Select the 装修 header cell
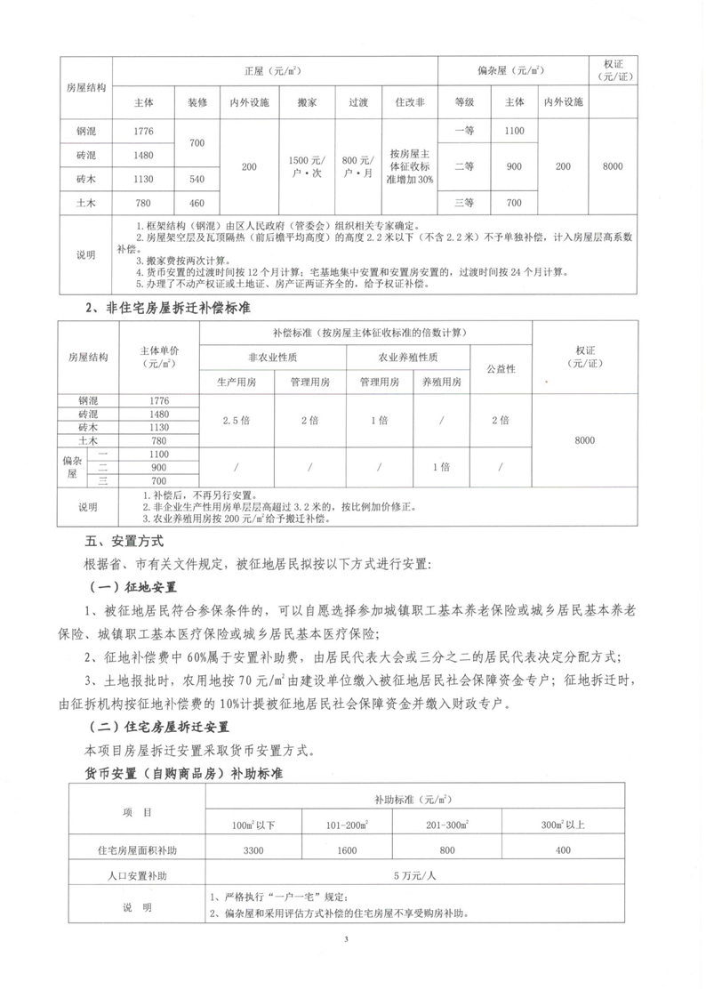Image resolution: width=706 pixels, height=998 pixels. tap(197, 102)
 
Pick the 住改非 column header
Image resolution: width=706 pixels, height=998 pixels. tap(409, 102)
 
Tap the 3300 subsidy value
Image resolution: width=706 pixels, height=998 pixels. tap(253, 850)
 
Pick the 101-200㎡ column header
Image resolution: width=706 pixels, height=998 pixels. tap(350, 824)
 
